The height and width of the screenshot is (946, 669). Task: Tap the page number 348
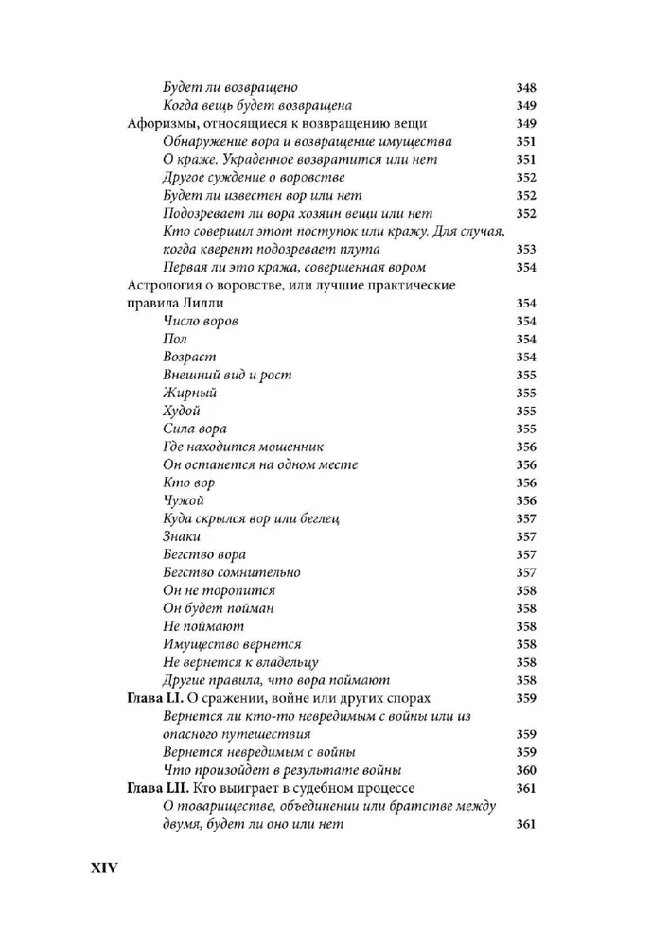point(526,88)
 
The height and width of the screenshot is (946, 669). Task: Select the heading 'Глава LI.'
point(157,698)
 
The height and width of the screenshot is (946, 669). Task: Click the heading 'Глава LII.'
point(160,788)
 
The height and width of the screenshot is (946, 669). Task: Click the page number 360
point(526,770)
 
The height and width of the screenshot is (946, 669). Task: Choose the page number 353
point(526,249)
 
